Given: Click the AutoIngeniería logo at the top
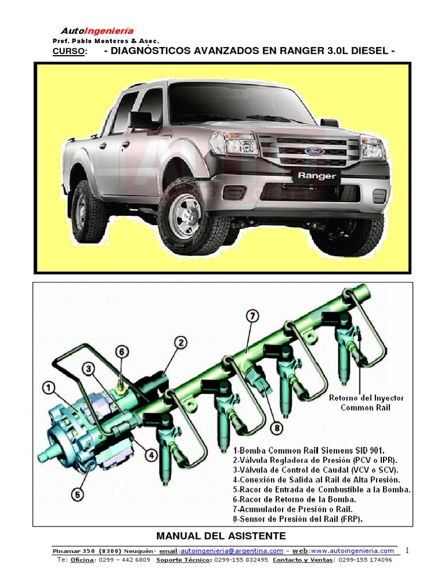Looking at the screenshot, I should point(97,31).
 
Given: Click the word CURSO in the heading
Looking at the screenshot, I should point(69,52).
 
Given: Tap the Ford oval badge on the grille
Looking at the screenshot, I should point(315,151).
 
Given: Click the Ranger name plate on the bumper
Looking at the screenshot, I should point(316,176).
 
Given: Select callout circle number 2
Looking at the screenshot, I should point(180,343).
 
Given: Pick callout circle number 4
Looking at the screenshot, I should point(150,455).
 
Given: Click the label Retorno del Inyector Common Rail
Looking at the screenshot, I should point(366,403).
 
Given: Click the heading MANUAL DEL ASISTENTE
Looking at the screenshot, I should point(221,536).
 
